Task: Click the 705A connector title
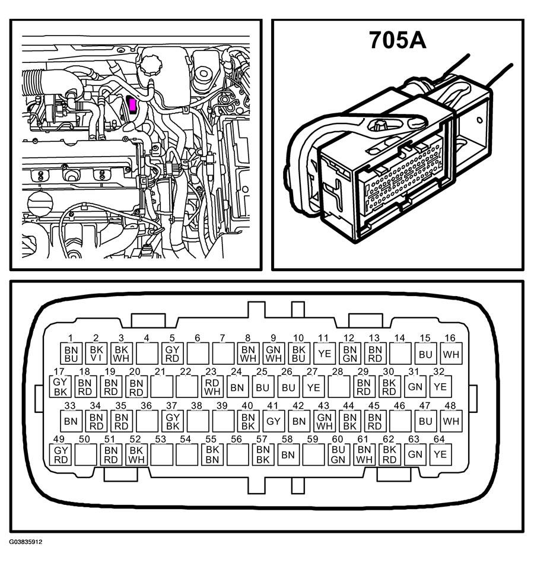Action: point(398,40)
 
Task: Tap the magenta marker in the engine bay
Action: point(132,104)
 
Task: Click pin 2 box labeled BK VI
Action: point(96,354)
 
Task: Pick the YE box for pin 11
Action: point(325,354)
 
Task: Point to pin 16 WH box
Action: point(451,354)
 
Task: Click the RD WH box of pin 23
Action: point(212,387)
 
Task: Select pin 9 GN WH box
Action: point(274,354)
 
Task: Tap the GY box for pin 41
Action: point(274,421)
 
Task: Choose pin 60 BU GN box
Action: point(338,454)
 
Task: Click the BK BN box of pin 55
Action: point(212,454)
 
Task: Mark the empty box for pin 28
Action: point(338,387)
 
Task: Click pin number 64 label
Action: point(439,439)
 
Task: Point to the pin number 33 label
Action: point(69,405)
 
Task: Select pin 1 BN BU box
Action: point(71,354)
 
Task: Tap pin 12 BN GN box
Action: point(350,354)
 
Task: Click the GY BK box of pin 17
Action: point(60,387)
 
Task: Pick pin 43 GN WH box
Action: point(325,421)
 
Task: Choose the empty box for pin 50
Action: point(86,454)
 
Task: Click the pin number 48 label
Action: point(450,405)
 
